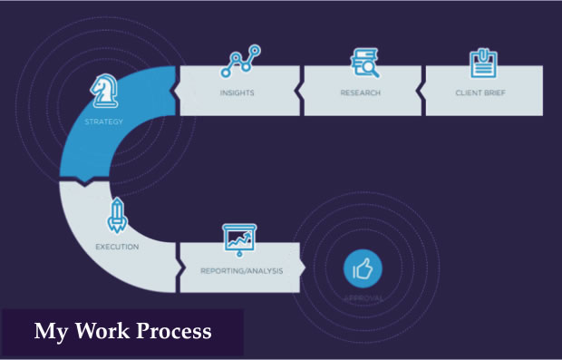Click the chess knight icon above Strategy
[104, 91]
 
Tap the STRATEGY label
[103, 121]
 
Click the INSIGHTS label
[237, 92]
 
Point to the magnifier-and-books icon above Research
[364, 62]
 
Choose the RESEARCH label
[362, 92]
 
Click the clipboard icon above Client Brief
[482, 62]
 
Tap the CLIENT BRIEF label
[483, 92]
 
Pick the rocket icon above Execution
[116, 216]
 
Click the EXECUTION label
[117, 246]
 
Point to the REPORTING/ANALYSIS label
[242, 270]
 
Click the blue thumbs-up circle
[363, 268]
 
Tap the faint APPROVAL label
[363, 297]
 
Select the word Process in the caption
[172, 331]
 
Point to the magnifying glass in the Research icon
[371, 68]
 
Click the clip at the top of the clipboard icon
[482, 51]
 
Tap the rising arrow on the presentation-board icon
[242, 239]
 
